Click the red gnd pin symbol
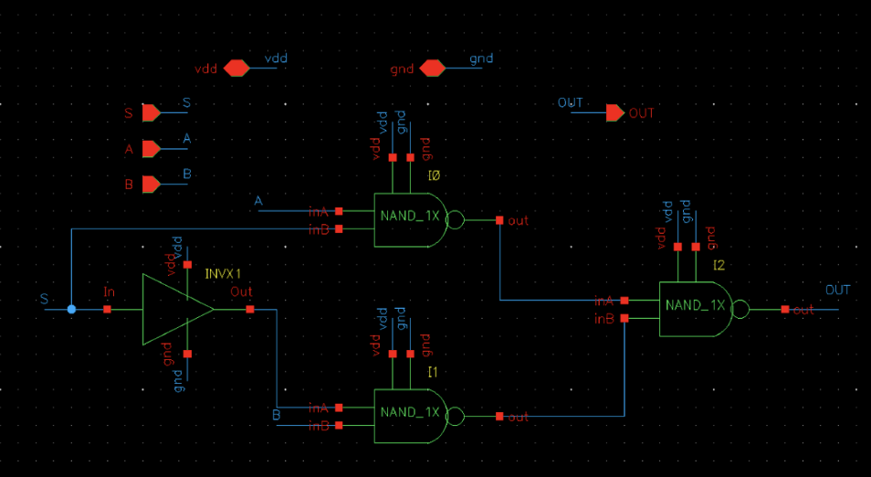point(431,69)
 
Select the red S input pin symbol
point(151,112)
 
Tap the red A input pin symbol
point(151,148)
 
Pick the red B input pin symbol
point(151,185)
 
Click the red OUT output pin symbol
point(615,113)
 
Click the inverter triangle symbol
point(173,310)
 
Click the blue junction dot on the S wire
point(72,310)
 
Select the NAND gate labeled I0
point(410,219)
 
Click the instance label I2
point(719,265)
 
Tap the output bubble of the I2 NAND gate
point(741,310)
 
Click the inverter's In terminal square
point(108,310)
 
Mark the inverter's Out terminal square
point(250,310)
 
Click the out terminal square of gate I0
point(499,220)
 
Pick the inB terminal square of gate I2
point(624,319)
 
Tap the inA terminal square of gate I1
point(339,408)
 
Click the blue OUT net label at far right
point(837,291)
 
